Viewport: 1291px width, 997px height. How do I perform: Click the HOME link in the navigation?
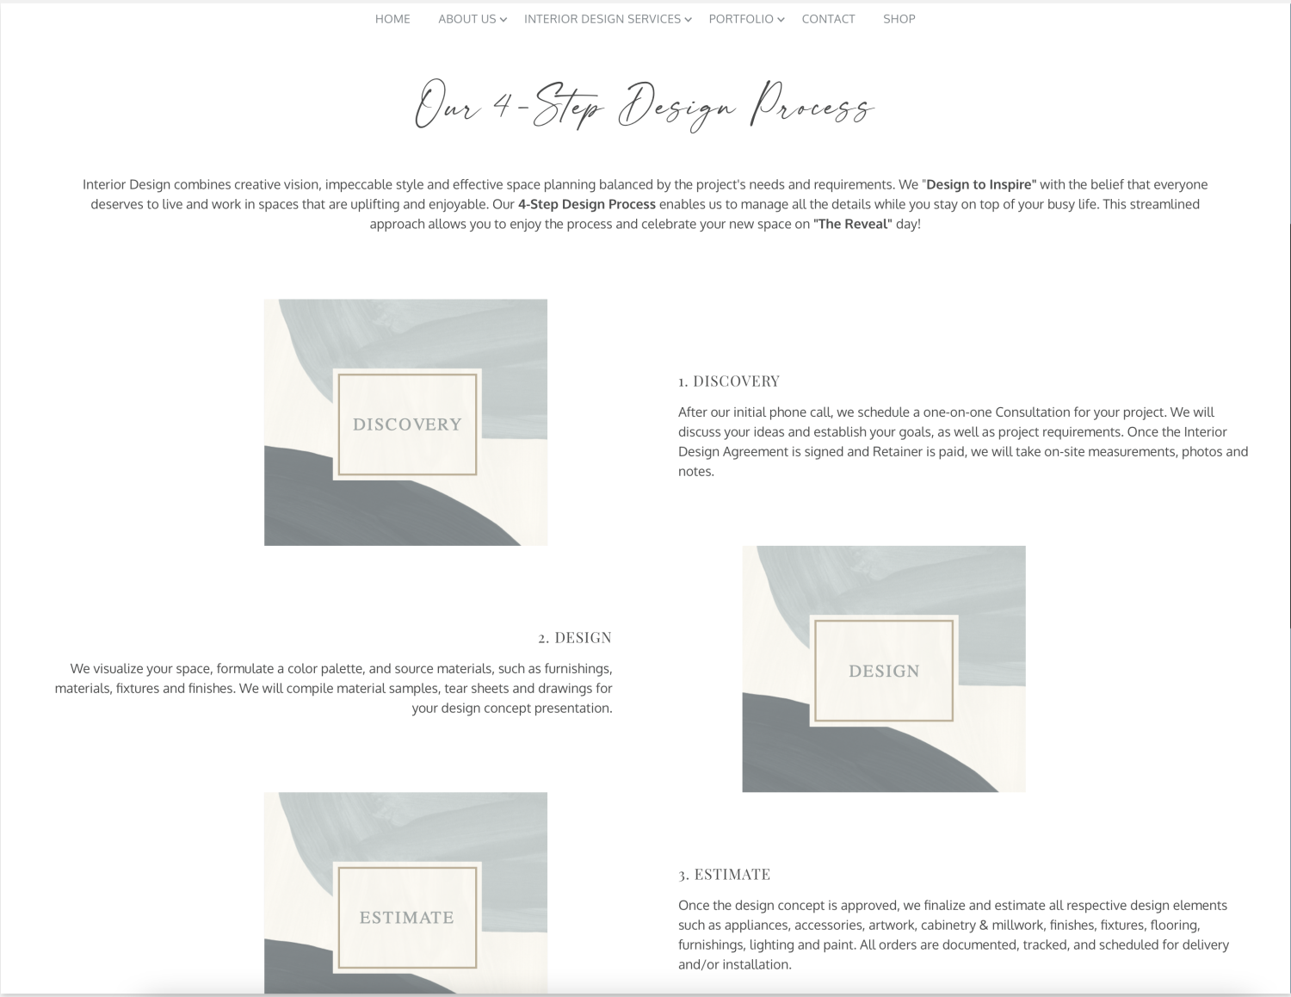[392, 19]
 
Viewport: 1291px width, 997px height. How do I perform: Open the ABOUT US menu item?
[467, 19]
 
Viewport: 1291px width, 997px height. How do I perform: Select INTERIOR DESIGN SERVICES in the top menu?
[602, 19]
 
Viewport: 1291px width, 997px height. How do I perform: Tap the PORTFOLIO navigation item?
[741, 19]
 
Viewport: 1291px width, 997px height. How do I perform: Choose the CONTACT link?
[828, 19]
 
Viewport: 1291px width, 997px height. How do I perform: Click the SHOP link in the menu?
[899, 19]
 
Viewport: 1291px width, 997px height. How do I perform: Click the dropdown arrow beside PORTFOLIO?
[781, 20]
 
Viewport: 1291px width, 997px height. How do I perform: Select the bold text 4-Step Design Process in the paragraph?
[587, 204]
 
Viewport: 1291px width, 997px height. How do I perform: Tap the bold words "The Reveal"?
[853, 224]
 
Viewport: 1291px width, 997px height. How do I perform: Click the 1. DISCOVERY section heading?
[729, 381]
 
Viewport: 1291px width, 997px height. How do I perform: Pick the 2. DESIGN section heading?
[575, 637]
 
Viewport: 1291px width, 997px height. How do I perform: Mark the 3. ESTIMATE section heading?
[724, 874]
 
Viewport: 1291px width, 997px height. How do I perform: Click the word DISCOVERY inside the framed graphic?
[407, 424]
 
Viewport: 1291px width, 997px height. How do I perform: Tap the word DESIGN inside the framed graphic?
[884, 671]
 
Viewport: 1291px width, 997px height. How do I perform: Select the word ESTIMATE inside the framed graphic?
[406, 917]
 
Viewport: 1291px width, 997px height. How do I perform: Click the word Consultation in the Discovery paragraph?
[1036, 412]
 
